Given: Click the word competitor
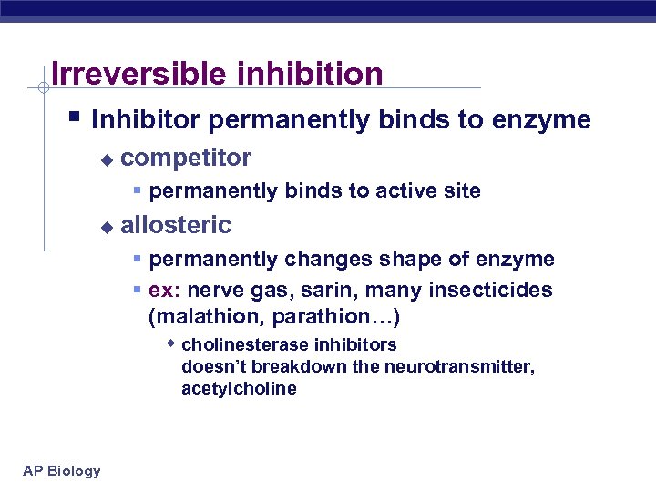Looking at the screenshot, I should coord(186,159).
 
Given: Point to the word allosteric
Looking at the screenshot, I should coord(176,225).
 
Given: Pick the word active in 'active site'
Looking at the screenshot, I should coord(403,191).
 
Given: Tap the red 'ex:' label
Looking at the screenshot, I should coord(165,290).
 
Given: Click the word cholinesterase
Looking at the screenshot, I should coord(243,345).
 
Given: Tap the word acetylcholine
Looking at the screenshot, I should coord(239,389).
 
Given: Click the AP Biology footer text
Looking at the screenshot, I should coord(62,470).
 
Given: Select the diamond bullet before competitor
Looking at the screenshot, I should coord(107,160).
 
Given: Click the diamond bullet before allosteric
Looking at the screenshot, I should coord(107,227).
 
